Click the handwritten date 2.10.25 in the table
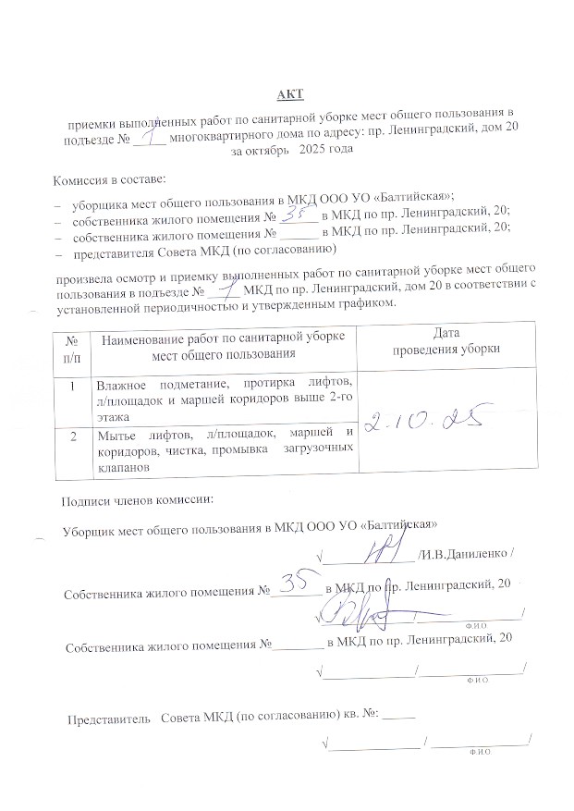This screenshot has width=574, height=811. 427,423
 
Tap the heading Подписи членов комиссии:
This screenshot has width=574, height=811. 137,501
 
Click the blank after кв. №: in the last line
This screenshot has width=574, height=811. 399,715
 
